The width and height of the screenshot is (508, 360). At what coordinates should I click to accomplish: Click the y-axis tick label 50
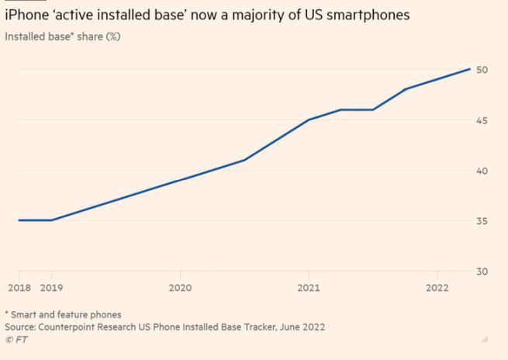click(x=482, y=70)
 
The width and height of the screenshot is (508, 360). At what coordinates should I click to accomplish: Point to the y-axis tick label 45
click(x=482, y=120)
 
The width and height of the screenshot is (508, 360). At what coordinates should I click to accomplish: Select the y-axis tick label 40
click(x=482, y=171)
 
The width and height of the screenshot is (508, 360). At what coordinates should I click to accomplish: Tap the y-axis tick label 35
click(x=482, y=221)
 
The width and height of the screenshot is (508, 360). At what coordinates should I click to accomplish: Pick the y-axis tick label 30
click(x=482, y=272)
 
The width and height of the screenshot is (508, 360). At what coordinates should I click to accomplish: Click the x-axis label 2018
click(x=19, y=287)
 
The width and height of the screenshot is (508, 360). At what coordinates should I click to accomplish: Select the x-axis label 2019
click(x=51, y=287)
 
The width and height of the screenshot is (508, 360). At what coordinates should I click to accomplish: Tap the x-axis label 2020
click(x=180, y=287)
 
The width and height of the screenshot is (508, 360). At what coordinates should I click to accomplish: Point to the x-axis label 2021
click(x=309, y=287)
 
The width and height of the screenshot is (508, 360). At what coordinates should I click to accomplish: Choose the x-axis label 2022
click(x=437, y=287)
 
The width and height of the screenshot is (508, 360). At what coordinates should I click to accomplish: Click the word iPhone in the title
click(x=26, y=15)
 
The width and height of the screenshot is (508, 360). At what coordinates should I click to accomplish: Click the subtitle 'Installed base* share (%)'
click(x=62, y=36)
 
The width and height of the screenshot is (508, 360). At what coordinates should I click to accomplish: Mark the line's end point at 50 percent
click(x=470, y=69)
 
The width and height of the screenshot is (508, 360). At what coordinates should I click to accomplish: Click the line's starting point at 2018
click(x=19, y=220)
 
